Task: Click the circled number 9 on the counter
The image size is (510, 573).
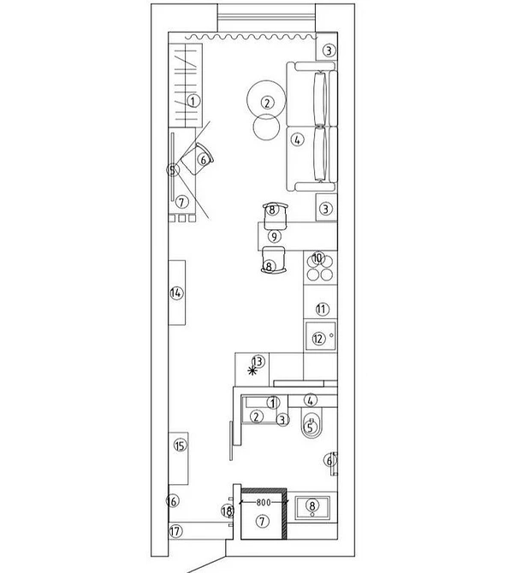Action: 274,236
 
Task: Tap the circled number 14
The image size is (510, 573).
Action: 176,292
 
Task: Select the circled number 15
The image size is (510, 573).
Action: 181,446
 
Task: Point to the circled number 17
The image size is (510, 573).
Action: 175,531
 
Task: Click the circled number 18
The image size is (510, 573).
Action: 227,511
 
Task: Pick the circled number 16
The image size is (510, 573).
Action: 173,501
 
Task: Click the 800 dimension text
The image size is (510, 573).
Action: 264,503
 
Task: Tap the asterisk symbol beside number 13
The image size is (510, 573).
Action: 252,371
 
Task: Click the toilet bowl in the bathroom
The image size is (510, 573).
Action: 311,423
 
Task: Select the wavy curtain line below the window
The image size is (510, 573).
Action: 252,37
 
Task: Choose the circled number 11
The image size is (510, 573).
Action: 322,309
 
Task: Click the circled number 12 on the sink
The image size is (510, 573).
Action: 318,339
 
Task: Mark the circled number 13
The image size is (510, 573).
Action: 258,362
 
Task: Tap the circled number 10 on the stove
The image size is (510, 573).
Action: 317,258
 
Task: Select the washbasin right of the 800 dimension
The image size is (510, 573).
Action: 312,507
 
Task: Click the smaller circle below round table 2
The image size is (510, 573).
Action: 266,127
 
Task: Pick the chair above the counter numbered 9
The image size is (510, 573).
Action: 275,216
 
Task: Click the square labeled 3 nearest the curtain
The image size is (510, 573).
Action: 327,46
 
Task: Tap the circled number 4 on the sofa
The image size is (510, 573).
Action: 298,139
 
